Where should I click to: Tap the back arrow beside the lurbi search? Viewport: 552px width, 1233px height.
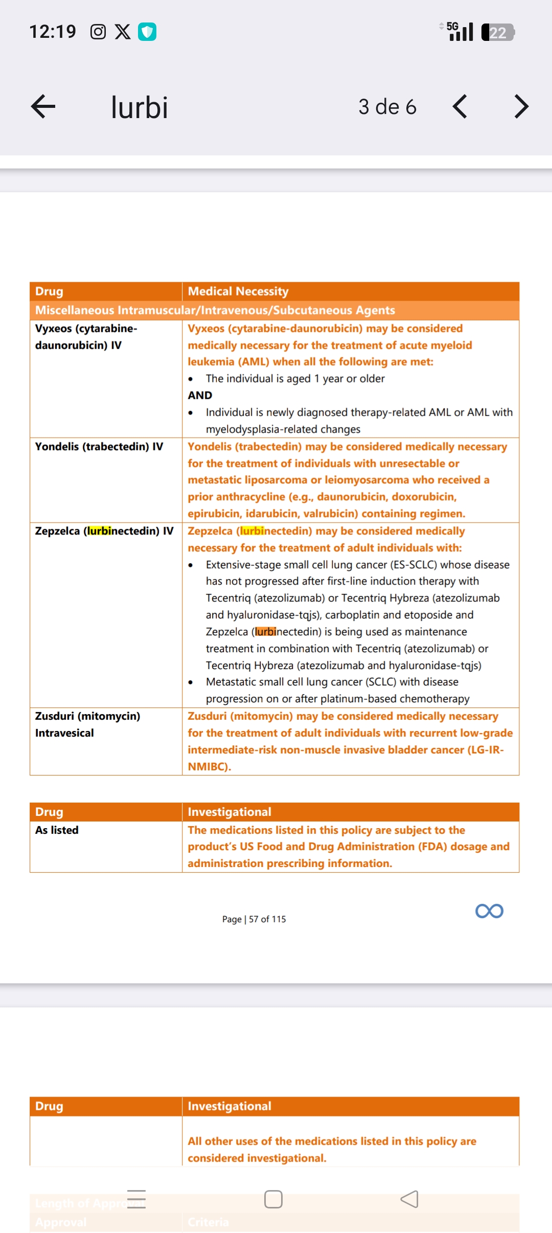coord(43,107)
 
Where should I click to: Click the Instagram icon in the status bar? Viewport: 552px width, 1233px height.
coord(98,32)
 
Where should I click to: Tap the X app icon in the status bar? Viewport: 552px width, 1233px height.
coord(123,32)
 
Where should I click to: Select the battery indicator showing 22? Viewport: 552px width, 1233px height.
coord(498,32)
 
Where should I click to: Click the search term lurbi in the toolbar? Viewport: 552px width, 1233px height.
coord(139,107)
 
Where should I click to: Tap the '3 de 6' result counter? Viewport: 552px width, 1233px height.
coord(387,107)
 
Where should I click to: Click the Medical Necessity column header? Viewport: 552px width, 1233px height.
coord(238,291)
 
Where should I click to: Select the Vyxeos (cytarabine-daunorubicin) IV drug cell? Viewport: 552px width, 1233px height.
coord(86,336)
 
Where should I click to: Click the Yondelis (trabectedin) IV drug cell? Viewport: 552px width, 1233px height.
coord(99,446)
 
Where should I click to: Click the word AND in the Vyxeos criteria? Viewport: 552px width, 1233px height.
coord(200,395)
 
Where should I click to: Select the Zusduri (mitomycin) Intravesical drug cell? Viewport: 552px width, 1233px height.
coord(87,724)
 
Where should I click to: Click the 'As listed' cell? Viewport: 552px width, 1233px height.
coord(57,830)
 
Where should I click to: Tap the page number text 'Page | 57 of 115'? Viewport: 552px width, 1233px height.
coord(254,919)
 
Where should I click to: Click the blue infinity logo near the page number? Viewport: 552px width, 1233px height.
coord(489,911)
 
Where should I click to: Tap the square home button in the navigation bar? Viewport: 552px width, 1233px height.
coord(273,1199)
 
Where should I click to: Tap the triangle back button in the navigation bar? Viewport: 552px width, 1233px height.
coord(409,1199)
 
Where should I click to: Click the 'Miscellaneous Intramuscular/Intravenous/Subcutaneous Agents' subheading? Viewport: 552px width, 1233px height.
coord(215,310)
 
